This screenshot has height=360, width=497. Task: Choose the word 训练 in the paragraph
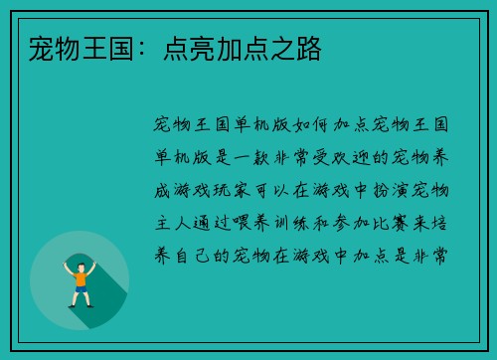[302, 223]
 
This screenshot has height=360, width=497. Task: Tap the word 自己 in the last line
[196, 256]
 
